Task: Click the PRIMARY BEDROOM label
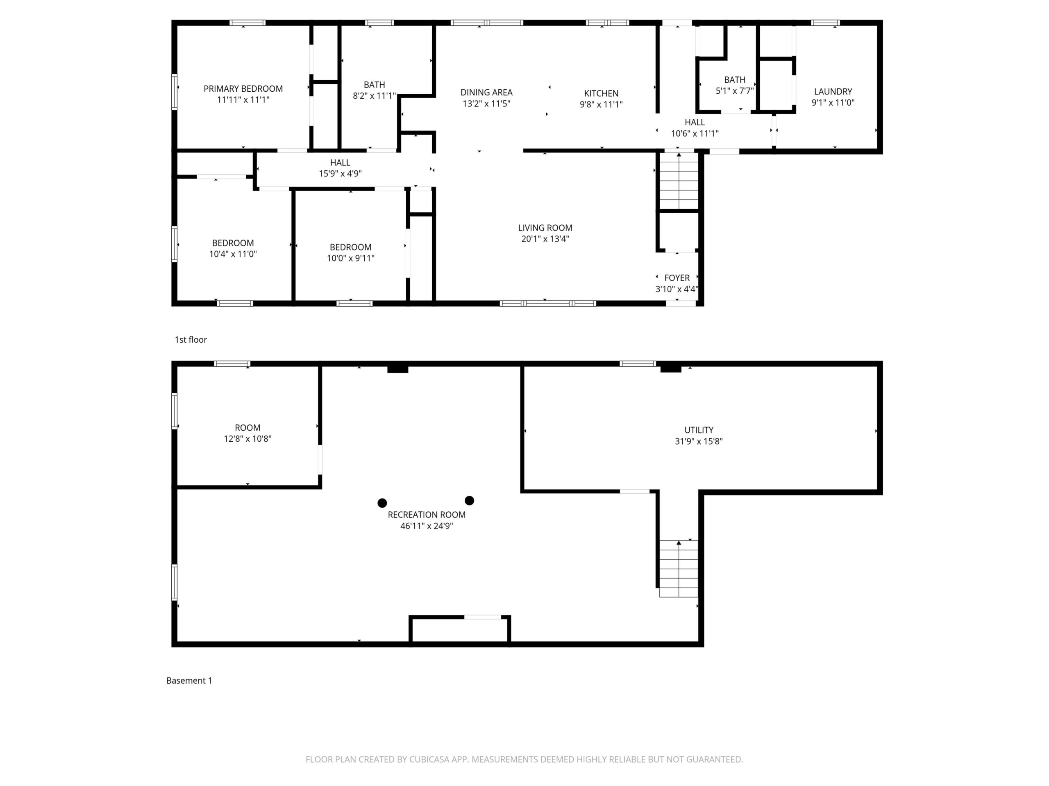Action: (243, 88)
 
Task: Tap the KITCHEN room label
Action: (601, 93)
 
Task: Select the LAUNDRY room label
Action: (833, 91)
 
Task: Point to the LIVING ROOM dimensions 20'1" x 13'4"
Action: (545, 239)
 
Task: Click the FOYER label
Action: (677, 278)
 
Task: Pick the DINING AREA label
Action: (486, 93)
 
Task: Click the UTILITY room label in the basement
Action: (699, 430)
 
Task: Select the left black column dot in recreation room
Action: (382, 503)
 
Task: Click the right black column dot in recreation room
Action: (470, 501)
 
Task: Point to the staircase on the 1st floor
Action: (679, 181)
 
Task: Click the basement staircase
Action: (679, 569)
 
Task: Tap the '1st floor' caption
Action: (191, 340)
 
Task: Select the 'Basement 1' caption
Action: (189, 681)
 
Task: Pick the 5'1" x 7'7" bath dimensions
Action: (735, 91)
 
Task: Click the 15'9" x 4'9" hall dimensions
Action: (340, 174)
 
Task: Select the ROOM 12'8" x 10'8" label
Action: (247, 433)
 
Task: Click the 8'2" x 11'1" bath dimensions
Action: (374, 96)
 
